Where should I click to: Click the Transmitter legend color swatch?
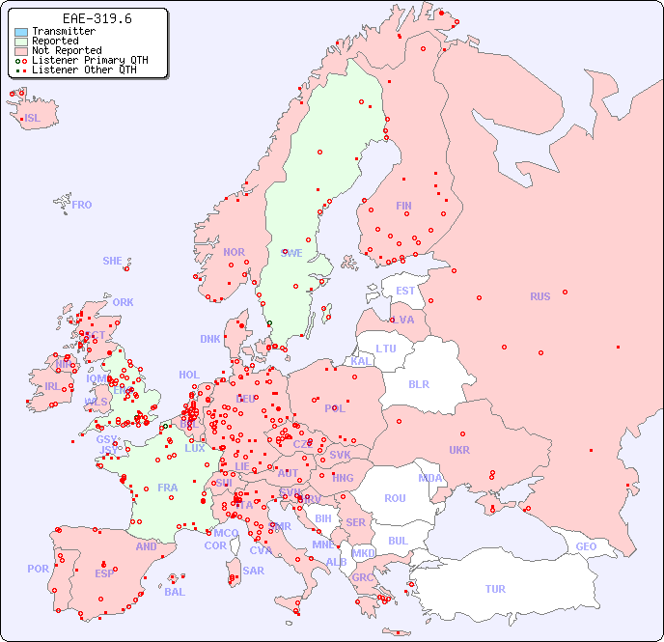(x=21, y=32)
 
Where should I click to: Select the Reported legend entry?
(x=55, y=42)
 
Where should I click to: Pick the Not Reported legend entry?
(x=66, y=51)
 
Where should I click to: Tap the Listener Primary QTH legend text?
(x=90, y=60)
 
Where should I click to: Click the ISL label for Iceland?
(x=33, y=119)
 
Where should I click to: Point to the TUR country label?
(x=495, y=589)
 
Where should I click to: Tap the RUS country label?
(x=539, y=296)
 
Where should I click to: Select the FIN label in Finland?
(x=403, y=206)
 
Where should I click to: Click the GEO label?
(x=586, y=546)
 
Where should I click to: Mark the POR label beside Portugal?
(x=38, y=569)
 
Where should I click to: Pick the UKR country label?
(x=459, y=450)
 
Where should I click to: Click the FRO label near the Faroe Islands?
(x=82, y=205)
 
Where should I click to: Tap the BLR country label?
(x=419, y=383)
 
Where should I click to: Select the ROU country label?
(x=396, y=498)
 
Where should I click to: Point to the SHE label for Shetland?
(x=113, y=261)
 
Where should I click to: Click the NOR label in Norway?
(x=234, y=252)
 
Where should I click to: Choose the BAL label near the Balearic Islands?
(x=175, y=592)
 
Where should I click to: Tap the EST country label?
(x=405, y=291)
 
